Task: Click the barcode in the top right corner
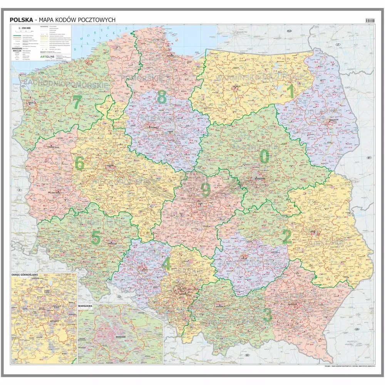pyautogui.click(x=369, y=20)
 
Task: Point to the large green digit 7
pyautogui.click(x=77, y=103)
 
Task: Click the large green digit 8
pyautogui.click(x=162, y=97)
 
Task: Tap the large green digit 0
pyautogui.click(x=264, y=156)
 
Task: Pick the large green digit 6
pyautogui.click(x=79, y=164)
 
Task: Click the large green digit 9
pyautogui.click(x=206, y=190)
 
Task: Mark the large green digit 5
pyautogui.click(x=96, y=238)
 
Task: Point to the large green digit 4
pyautogui.click(x=166, y=264)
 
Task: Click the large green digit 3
pyautogui.click(x=267, y=315)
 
